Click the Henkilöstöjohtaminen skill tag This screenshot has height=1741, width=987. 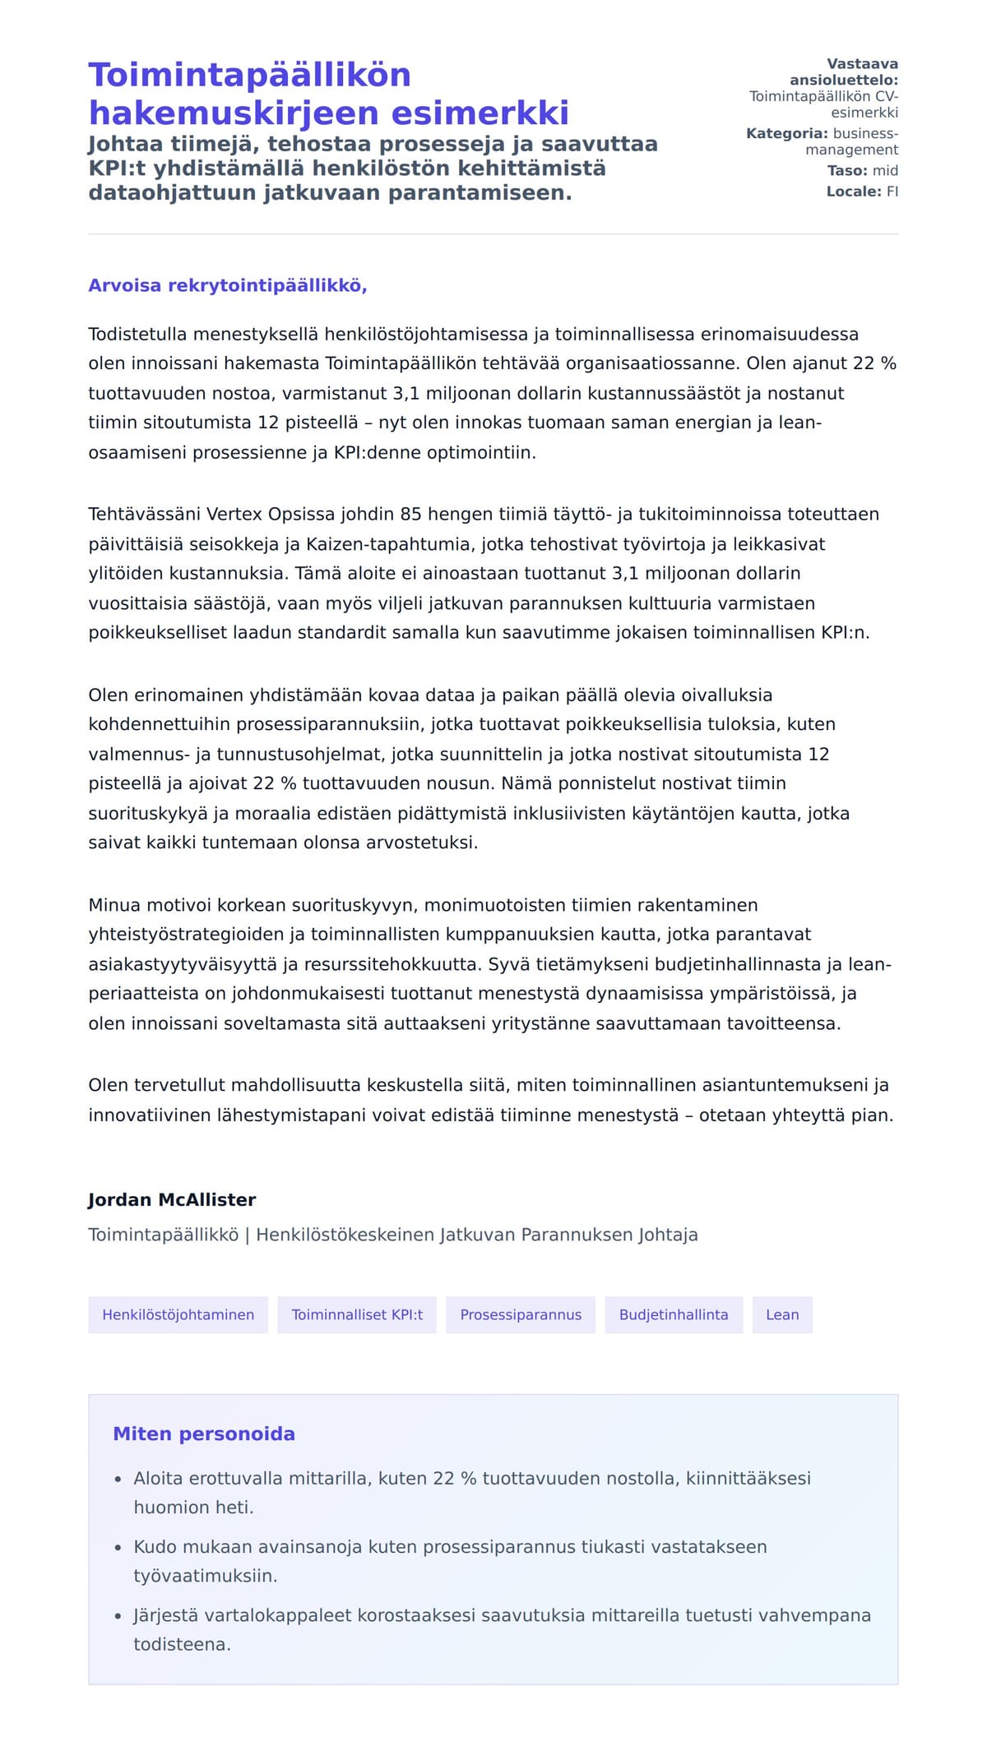coord(178,1314)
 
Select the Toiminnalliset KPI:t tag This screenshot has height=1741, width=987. coord(357,1314)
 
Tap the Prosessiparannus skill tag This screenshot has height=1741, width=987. coord(521,1314)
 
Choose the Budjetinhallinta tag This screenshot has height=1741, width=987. coord(674,1314)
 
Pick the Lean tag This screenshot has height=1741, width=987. coord(782,1314)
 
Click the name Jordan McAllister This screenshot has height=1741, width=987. coord(172,1199)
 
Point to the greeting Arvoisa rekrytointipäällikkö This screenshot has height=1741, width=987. coord(227,285)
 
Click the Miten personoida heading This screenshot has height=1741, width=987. coord(204,1434)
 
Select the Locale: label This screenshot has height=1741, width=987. coord(854,192)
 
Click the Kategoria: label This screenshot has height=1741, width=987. coord(787,133)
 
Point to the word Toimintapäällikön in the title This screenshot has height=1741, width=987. coord(249,75)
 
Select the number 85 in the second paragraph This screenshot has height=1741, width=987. coord(410,514)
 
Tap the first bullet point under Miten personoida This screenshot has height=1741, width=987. coord(471,1478)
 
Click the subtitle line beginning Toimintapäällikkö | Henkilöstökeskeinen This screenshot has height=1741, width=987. coord(392,1235)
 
